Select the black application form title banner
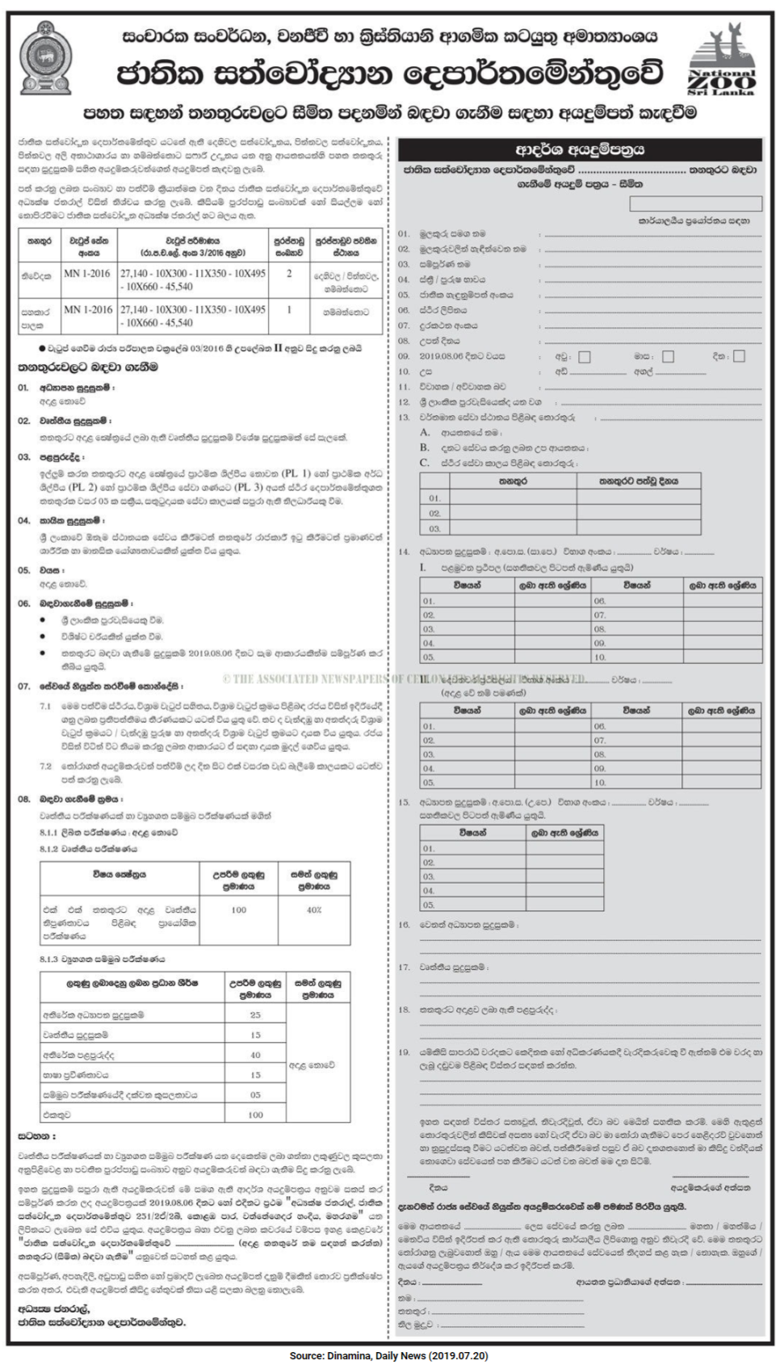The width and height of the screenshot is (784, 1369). [580, 149]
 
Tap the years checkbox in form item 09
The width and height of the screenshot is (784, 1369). [585, 356]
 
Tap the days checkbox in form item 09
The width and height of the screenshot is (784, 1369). [739, 356]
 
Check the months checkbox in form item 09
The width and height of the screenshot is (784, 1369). [668, 356]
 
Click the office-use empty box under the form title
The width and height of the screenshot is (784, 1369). [695, 204]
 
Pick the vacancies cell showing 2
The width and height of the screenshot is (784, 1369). [289, 274]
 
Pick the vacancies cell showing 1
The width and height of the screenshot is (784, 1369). [289, 309]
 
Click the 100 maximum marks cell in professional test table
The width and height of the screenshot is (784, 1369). [239, 909]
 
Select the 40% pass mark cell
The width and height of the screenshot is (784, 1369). [314, 909]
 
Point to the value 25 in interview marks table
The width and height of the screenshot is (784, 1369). [255, 1014]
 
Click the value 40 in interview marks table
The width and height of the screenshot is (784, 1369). [255, 1055]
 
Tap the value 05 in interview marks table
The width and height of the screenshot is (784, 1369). [255, 1095]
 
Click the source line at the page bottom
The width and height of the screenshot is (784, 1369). [389, 1355]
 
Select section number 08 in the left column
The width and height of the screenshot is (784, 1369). [24, 799]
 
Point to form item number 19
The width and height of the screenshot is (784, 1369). [404, 1052]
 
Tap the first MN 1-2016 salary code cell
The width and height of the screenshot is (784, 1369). [87, 274]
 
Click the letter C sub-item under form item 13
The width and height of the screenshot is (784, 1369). [424, 463]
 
